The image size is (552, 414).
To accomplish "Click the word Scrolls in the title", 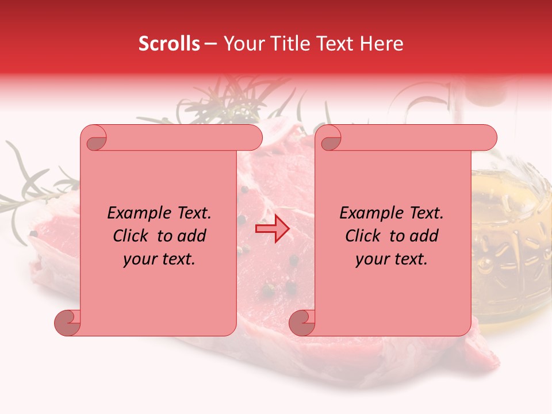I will click(x=169, y=44).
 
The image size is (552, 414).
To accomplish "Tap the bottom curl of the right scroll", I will click(x=302, y=323).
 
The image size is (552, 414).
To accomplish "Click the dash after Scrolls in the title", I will click(x=210, y=44).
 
